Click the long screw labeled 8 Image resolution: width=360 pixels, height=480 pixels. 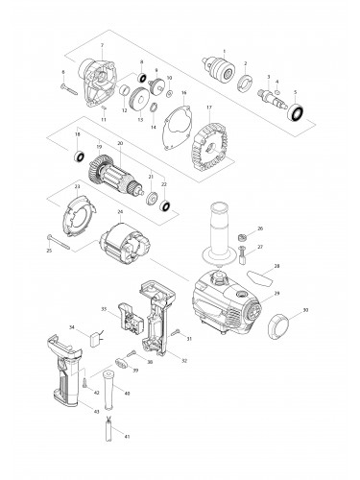pyautogui.click(x=69, y=88)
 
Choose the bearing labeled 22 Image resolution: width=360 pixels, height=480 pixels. pyautogui.click(x=165, y=205)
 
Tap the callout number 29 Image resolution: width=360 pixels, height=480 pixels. pyautogui.click(x=277, y=293)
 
